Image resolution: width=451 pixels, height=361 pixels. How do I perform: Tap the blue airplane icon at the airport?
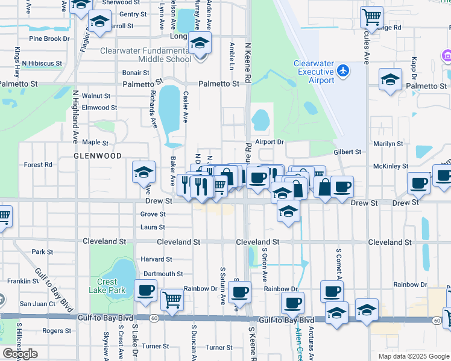tap(344, 71)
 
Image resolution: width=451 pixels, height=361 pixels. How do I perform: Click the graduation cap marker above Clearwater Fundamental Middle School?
tap(200, 43)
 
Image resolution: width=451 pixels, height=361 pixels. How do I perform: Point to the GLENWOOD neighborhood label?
tap(98, 156)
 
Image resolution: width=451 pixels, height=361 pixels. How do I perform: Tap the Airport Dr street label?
tap(269, 142)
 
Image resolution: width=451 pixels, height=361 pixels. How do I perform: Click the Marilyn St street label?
tap(388, 144)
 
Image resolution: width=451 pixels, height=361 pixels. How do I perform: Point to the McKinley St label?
tap(391, 166)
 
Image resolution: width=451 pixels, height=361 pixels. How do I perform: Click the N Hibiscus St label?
tap(42, 63)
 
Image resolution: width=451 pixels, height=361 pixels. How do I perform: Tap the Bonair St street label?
tap(136, 72)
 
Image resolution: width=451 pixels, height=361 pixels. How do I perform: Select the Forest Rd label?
tap(38, 164)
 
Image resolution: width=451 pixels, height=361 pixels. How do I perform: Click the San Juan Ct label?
tap(37, 304)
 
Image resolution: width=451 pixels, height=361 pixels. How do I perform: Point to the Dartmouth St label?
tap(163, 274)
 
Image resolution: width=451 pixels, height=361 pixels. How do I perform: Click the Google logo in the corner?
tap(20, 354)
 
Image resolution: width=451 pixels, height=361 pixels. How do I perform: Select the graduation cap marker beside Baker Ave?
tap(143, 173)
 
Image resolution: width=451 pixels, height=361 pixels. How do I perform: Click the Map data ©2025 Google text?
tap(413, 356)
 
